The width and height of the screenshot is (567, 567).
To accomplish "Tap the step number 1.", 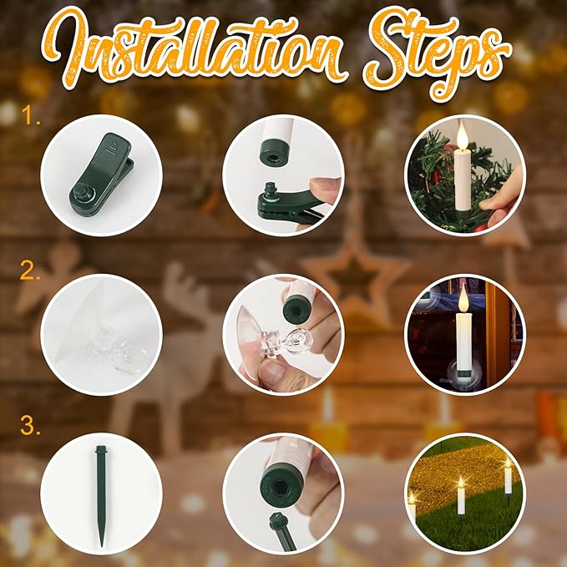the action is click(31, 115).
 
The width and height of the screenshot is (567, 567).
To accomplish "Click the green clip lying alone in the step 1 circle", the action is click(102, 175).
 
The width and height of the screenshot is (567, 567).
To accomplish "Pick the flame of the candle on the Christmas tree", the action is click(462, 135).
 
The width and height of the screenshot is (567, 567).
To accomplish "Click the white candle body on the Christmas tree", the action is click(463, 181).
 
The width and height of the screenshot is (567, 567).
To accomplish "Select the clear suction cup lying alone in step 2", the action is click(101, 335).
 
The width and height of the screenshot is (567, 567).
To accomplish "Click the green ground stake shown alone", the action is click(101, 495).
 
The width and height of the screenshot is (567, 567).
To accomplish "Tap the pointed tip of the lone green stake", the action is click(102, 545).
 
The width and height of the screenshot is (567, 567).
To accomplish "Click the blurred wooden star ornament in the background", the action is click(354, 276).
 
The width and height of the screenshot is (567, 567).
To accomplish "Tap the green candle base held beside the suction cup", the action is click(297, 309).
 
